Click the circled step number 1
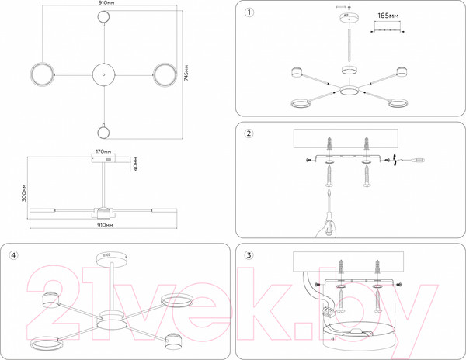click(x=249, y=13)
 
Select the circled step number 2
click(x=249, y=133)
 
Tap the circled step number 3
click(x=249, y=255)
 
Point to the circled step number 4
click(x=14, y=255)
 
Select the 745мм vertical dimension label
click(x=186, y=75)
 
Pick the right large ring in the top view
click(x=164, y=74)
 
